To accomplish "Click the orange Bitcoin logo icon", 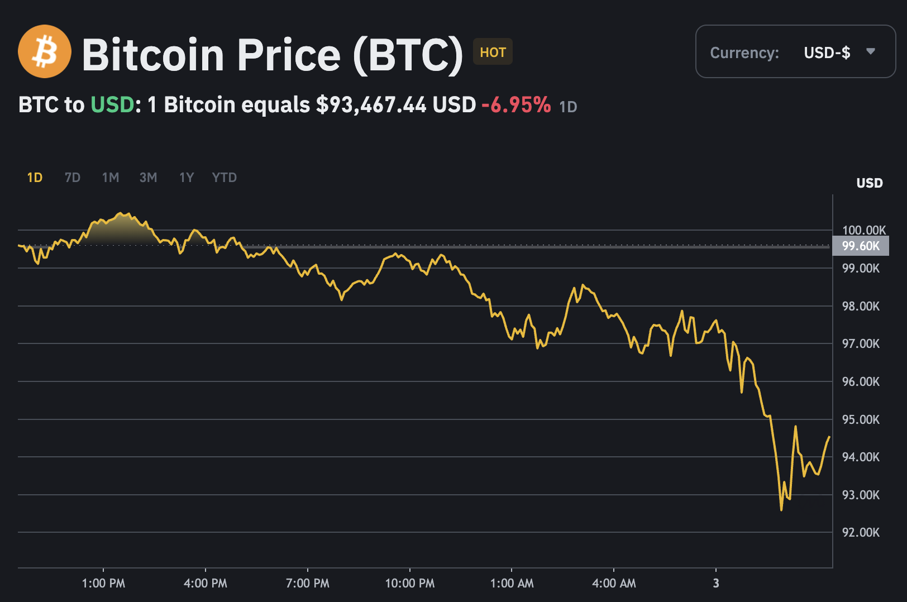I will tap(45, 51).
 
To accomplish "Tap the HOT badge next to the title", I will tap(493, 52).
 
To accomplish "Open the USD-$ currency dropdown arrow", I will tap(870, 51).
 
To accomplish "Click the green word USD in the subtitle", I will tap(112, 105).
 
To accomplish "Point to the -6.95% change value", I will tap(516, 105).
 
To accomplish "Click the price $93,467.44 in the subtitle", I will tap(371, 105).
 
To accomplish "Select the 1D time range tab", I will tap(35, 178).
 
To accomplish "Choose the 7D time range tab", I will tap(73, 178).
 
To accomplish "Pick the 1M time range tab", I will tap(111, 178).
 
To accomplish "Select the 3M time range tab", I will tap(148, 178).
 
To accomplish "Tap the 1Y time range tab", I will tap(187, 178).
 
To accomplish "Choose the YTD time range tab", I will tap(225, 178).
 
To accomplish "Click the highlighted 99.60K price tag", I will tap(861, 246).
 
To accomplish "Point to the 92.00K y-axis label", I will tap(861, 532).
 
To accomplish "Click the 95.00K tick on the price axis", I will tap(861, 419).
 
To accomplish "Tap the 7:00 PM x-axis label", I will tap(308, 584).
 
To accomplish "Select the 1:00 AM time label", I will tap(512, 584).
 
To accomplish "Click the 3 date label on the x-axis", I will tap(716, 584).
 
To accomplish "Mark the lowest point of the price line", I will tap(781, 509).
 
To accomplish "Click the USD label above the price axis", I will tap(870, 183).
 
